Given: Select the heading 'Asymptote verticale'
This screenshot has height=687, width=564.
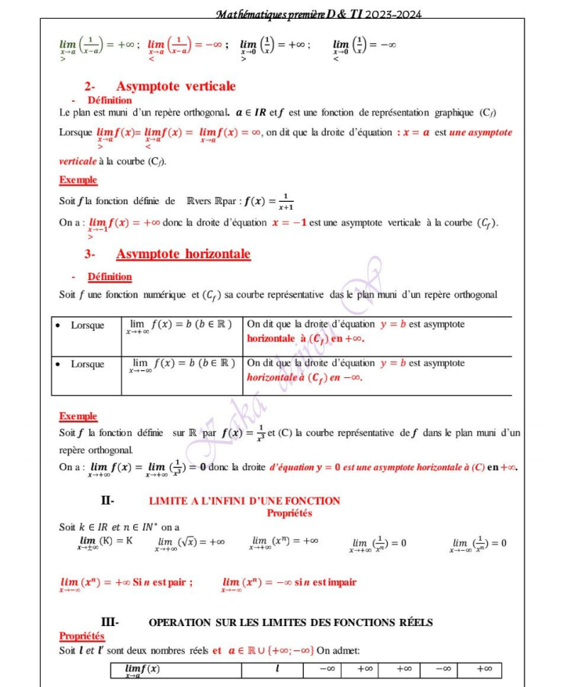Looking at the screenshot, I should [x=175, y=86].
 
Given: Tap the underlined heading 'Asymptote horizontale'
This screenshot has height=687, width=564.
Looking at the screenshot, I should [x=183, y=254].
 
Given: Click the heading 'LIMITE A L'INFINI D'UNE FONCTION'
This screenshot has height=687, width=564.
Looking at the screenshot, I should [x=244, y=501].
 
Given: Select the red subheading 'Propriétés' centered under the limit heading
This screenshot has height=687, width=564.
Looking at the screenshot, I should [x=289, y=513].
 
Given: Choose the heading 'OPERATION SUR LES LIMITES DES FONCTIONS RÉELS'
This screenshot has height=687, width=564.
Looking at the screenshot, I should [x=291, y=622].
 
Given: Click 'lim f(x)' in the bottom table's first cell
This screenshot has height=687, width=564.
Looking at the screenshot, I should [x=142, y=670].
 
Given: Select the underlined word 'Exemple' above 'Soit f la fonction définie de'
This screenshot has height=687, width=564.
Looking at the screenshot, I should [x=78, y=181].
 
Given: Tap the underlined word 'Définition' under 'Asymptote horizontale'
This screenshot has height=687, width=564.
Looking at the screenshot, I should [x=110, y=277].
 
